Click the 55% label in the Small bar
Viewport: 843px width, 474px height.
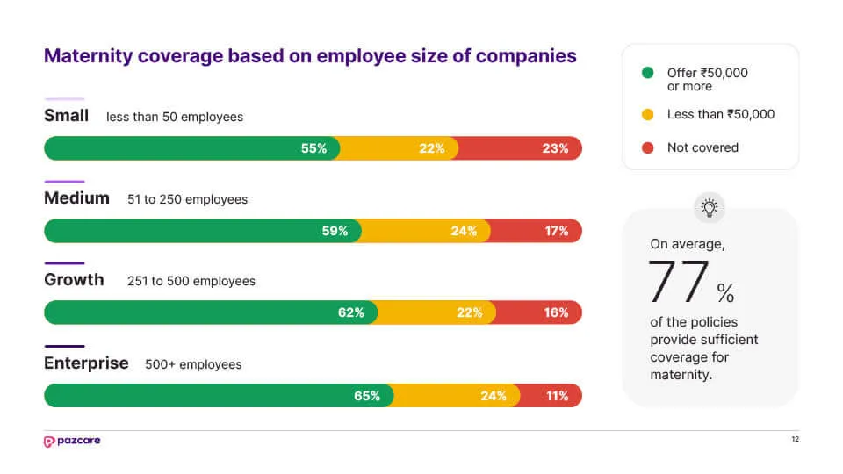313,148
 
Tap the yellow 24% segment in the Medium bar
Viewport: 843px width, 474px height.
425,231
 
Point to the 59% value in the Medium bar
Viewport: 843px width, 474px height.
335,231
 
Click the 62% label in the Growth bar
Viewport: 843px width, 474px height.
350,312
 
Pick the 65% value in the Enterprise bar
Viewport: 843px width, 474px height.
367,396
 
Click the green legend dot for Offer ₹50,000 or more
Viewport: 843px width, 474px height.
647,73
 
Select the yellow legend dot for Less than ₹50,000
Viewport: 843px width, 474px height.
647,114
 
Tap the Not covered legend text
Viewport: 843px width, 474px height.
702,147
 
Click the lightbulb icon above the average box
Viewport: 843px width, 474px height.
710,207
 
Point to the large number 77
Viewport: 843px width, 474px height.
679,282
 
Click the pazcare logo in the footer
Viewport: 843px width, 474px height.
72,441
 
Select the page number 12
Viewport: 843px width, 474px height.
795,440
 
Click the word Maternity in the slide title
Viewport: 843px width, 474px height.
85,56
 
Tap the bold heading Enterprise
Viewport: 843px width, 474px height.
86,363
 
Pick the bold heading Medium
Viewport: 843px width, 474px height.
76,197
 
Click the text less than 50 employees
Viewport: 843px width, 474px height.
175,117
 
